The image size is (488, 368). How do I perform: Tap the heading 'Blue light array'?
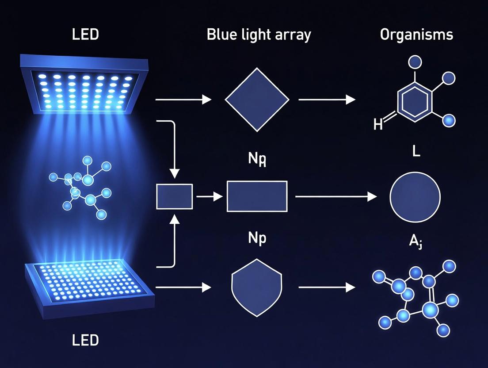point(259,35)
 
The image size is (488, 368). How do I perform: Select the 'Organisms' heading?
point(416,35)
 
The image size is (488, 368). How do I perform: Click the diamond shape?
point(257,100)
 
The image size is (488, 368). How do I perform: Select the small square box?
point(175,197)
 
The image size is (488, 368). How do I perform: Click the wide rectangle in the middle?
point(257,196)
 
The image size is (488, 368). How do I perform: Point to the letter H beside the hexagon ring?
point(378,125)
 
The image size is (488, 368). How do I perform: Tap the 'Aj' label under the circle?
point(415,242)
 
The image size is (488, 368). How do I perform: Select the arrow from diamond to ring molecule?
point(327,100)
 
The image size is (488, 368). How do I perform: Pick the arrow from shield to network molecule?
point(327,288)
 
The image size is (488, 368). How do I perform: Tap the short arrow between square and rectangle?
point(210,196)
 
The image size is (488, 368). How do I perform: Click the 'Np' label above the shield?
point(256,238)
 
